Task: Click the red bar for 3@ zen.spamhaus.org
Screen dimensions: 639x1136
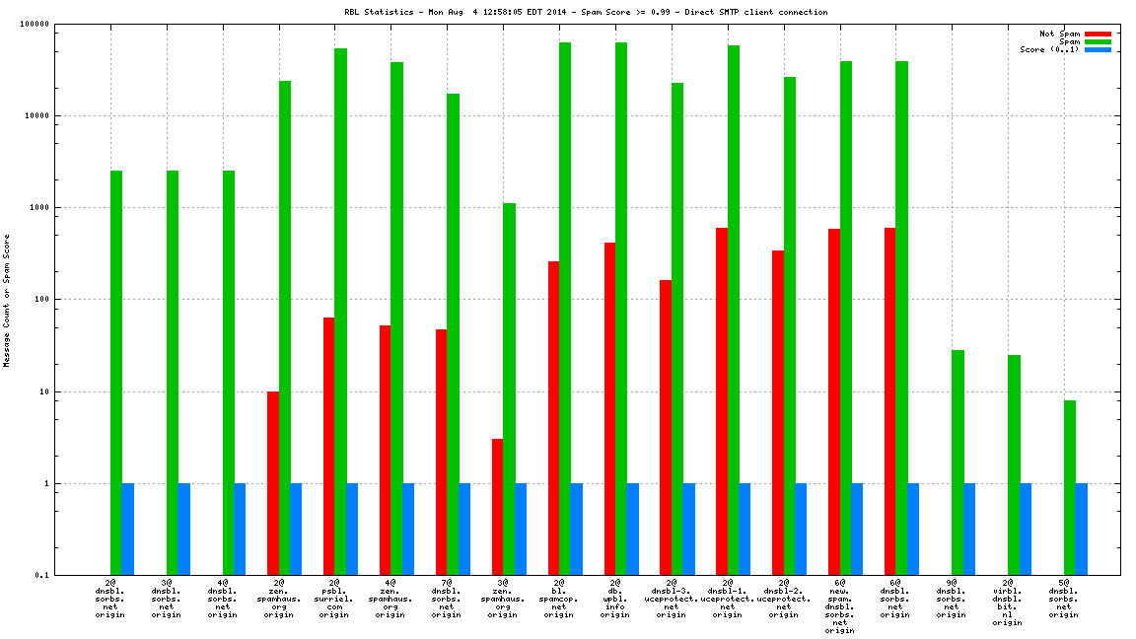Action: click(498, 507)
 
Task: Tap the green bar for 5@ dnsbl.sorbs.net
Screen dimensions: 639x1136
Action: click(1070, 487)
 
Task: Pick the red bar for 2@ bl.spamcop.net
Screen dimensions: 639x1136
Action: click(554, 418)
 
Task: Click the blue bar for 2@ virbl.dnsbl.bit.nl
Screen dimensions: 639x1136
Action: click(1026, 529)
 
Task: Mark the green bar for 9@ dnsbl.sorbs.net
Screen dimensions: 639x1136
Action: click(958, 462)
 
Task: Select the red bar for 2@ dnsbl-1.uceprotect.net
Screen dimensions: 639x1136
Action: click(722, 401)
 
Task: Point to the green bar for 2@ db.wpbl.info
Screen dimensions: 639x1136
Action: click(621, 309)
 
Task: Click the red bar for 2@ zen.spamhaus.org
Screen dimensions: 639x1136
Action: click(273, 483)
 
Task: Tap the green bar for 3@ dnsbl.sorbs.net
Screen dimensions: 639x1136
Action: click(173, 373)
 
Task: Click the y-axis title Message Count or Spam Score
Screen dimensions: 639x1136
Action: click(7, 301)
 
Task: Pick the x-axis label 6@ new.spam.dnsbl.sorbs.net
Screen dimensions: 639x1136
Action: click(839, 606)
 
